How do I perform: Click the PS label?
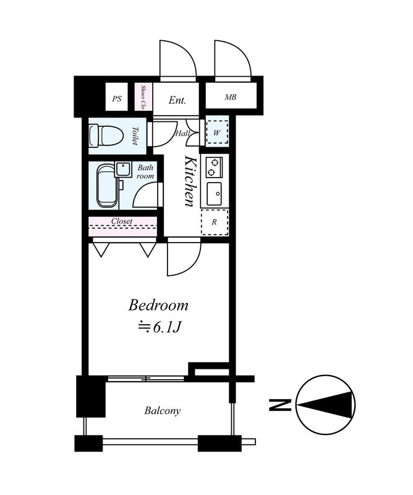(117, 99)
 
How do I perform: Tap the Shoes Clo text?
(143, 97)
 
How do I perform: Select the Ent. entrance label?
(177, 100)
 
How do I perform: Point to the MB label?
(231, 97)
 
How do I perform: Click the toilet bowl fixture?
(104, 136)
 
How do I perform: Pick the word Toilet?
(135, 136)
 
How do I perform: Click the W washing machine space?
(217, 132)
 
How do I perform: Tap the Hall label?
(182, 134)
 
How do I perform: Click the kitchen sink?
(215, 194)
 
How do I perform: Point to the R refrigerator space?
(215, 222)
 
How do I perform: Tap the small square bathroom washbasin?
(123, 170)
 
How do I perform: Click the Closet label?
(122, 222)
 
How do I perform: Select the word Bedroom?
(158, 305)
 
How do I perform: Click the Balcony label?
(163, 411)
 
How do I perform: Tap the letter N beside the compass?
(279, 405)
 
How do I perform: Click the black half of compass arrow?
(332, 405)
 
